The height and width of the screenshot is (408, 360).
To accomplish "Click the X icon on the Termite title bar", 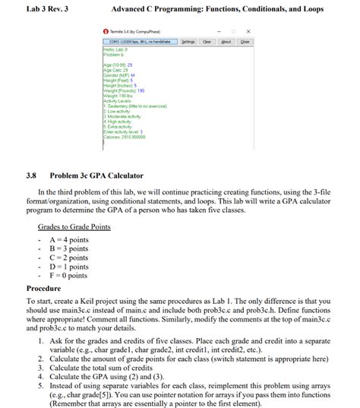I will [x=248, y=31].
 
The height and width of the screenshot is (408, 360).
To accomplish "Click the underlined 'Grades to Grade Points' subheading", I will [x=74, y=226].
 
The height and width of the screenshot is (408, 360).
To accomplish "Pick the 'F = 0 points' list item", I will [x=69, y=276].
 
